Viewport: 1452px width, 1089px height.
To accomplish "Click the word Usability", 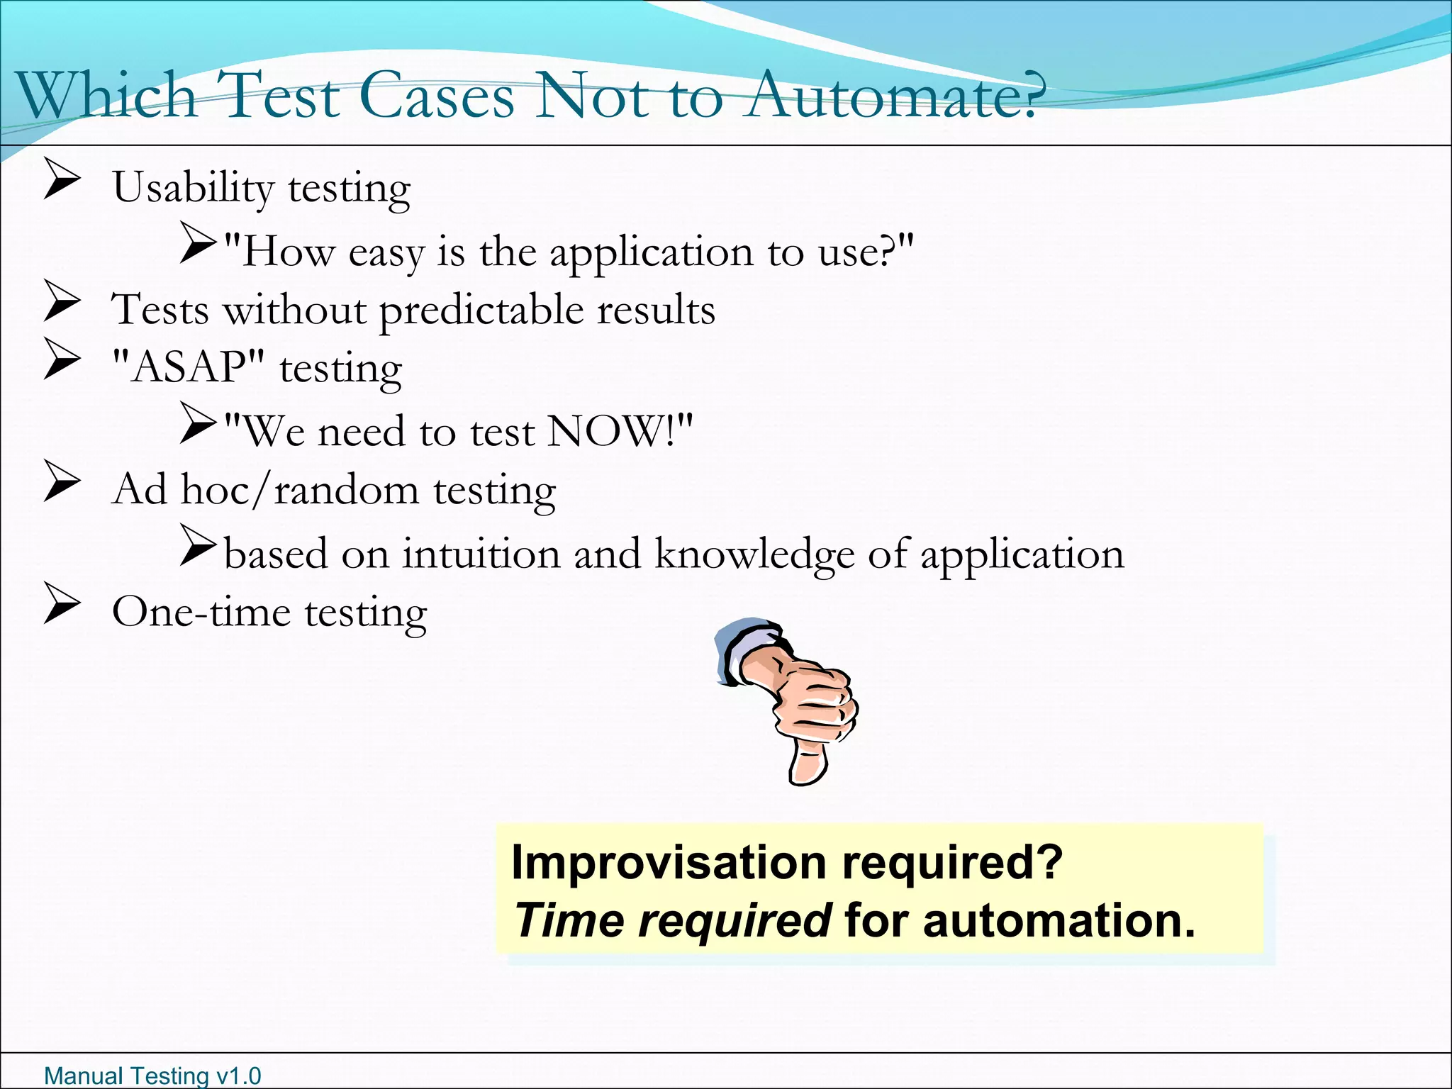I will pos(192,189).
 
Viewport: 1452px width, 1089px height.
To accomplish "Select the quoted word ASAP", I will pos(189,367).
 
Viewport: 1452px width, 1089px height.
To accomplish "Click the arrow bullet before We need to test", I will pos(198,423).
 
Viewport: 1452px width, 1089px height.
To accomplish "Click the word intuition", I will pos(481,554).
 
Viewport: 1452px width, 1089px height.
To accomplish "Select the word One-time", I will pos(201,612).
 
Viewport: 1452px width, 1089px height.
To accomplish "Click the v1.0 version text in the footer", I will pos(238,1076).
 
